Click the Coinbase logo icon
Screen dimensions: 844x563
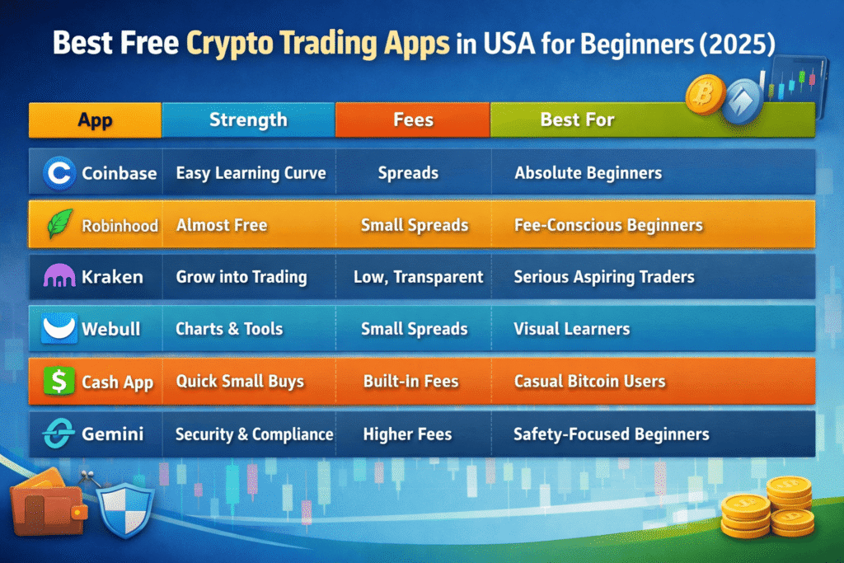pyautogui.click(x=59, y=173)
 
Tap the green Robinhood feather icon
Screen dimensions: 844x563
pyautogui.click(x=59, y=224)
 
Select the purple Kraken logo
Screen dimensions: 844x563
pyautogui.click(x=59, y=275)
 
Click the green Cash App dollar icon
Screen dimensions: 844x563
pyautogui.click(x=59, y=381)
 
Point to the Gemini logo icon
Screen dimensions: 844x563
pyautogui.click(x=59, y=434)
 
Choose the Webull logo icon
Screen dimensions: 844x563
pyautogui.click(x=59, y=328)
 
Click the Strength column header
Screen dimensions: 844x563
pyautogui.click(x=248, y=120)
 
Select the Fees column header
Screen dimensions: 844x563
pyautogui.click(x=413, y=120)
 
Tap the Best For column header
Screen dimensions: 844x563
pyautogui.click(x=577, y=120)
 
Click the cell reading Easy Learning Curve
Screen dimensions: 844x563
pyautogui.click(x=251, y=173)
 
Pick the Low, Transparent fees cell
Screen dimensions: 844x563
pyautogui.click(x=418, y=277)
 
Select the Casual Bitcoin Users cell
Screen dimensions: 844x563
pyautogui.click(x=589, y=381)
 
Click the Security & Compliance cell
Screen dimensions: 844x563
pyautogui.click(x=254, y=434)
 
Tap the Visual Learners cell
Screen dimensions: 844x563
pyautogui.click(x=572, y=329)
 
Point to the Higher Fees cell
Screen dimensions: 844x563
pyautogui.click(x=407, y=434)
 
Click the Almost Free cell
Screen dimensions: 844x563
pyautogui.click(x=222, y=225)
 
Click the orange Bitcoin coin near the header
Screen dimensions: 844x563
pyautogui.click(x=705, y=95)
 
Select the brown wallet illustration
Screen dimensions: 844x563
pyautogui.click(x=47, y=504)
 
